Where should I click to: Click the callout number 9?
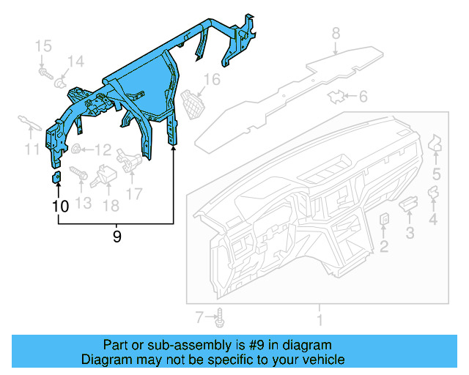point(117,237)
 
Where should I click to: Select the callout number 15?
point(45,46)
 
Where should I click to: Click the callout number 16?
point(212,79)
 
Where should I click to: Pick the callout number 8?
point(336,33)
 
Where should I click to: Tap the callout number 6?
point(363,97)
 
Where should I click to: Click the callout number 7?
point(199,316)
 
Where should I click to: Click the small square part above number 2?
point(384,218)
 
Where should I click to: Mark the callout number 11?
point(31,150)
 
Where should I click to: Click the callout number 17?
point(133,193)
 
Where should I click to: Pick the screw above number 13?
point(79,175)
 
